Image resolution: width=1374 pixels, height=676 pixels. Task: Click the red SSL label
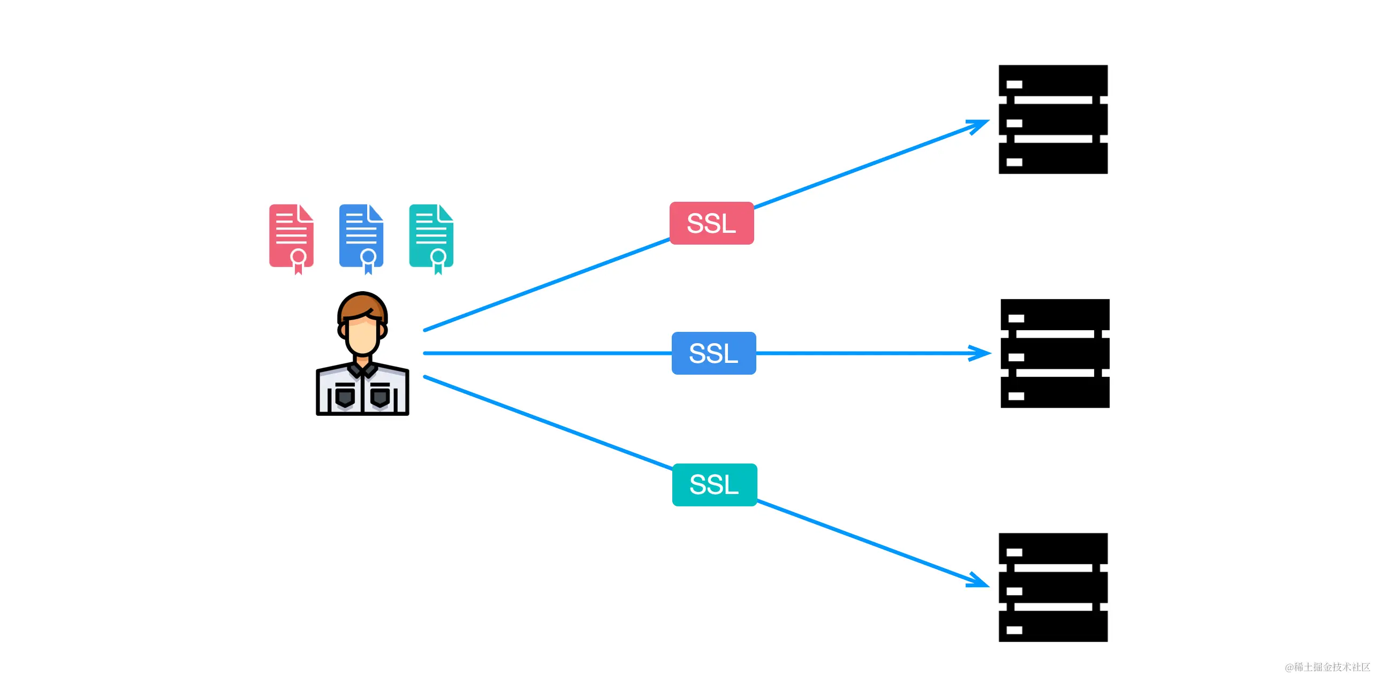point(711,223)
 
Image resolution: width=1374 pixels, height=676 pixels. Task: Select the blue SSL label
point(713,353)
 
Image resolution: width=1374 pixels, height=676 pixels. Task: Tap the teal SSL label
point(714,485)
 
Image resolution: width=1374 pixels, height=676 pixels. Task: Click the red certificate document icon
point(291,236)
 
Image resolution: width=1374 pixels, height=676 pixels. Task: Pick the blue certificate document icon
point(361,236)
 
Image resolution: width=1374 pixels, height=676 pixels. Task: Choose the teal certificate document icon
point(431,236)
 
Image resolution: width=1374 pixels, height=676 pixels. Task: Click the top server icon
point(1053,119)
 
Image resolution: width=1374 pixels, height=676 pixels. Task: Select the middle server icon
point(1054,353)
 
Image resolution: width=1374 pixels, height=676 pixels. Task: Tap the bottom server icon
point(1053,587)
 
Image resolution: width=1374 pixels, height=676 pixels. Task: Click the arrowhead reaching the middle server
point(983,353)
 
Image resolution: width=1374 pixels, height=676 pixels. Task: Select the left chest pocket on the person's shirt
point(345,396)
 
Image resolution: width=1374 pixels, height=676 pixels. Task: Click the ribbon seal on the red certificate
point(298,260)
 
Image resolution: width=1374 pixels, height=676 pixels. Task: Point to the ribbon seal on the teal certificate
point(438,260)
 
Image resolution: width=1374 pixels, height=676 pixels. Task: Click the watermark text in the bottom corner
point(1327,667)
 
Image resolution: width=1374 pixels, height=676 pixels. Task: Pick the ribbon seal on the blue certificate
point(368,260)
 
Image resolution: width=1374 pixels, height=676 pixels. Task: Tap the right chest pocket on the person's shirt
point(380,396)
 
